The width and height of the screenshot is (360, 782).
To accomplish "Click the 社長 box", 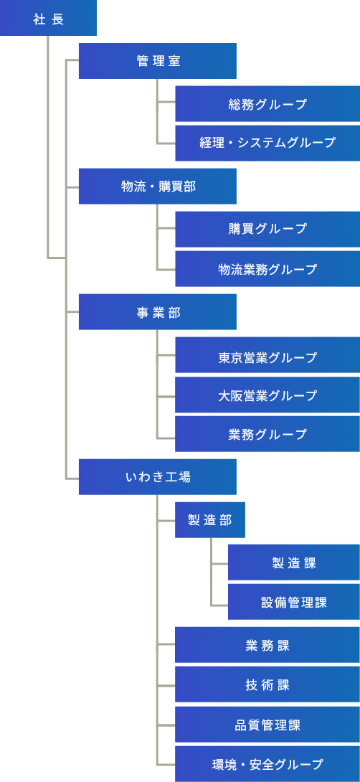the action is pos(48,18).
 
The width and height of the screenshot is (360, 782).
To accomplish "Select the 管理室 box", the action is pos(158,61).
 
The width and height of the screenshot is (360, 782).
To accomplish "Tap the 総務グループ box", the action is pos(267,104).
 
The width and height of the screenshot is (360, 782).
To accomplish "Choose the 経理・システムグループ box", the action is pos(267,143).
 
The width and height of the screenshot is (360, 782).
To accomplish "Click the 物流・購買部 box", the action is pos(158,186).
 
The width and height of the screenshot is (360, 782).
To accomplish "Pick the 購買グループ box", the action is pos(267,229).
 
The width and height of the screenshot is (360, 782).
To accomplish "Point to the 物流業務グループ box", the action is pos(267,269).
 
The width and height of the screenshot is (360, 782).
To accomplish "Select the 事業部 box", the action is pos(158,311).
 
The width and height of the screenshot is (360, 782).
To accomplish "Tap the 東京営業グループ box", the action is pos(267,354).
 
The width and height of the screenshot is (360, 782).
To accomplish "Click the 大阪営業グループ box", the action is pos(267,395).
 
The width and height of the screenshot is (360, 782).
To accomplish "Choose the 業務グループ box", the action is pos(267,434).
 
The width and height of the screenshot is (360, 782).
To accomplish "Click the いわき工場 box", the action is pos(158,477).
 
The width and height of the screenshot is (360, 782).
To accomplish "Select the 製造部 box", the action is pos(210,519).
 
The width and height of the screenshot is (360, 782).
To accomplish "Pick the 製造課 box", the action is pos(294,562).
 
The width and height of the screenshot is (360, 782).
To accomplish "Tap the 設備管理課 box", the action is pos(294,602).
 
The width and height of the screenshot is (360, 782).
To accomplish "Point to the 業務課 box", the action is pos(267,645).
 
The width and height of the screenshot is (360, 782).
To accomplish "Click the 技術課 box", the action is pos(267,684).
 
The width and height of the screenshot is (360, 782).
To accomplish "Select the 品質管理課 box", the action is pos(267,724).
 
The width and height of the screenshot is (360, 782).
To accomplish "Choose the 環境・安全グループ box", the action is pos(267,763).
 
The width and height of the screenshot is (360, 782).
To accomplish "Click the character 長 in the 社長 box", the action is pos(57,19).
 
